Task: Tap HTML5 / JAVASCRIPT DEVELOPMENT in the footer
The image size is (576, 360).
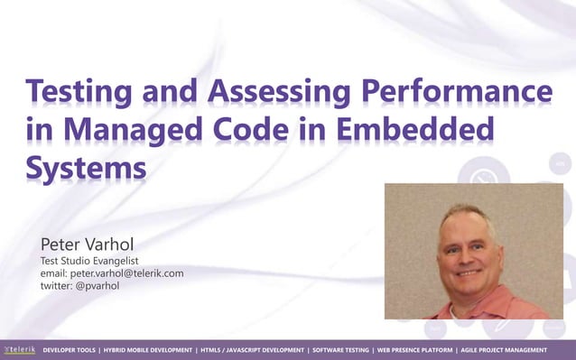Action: pyautogui.click(x=253, y=349)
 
